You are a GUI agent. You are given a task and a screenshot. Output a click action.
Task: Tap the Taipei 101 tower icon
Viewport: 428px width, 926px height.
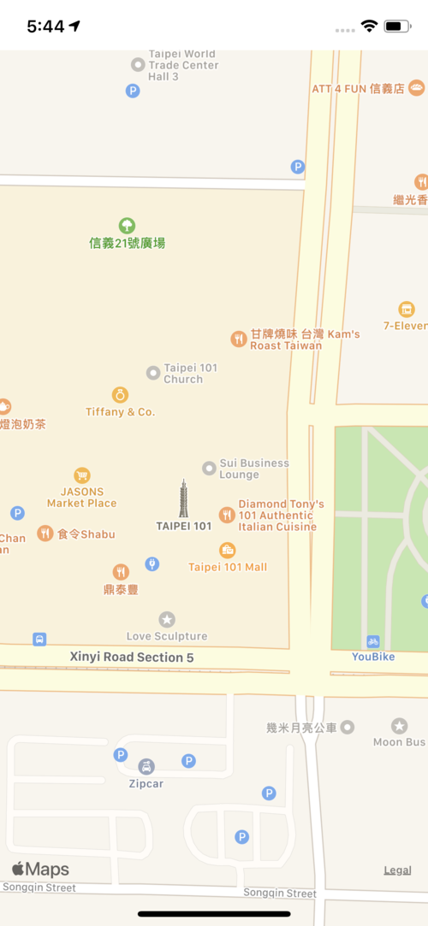(183, 498)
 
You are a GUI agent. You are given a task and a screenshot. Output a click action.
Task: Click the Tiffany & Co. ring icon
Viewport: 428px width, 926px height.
(121, 395)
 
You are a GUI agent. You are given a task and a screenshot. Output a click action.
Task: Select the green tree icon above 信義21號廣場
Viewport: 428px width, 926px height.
(127, 225)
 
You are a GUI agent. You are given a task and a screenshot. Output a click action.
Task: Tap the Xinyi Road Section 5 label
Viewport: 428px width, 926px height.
(132, 658)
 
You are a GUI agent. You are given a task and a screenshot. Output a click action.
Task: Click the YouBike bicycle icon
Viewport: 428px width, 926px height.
(372, 641)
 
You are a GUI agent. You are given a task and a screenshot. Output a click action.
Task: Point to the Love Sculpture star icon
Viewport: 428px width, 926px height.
(167, 619)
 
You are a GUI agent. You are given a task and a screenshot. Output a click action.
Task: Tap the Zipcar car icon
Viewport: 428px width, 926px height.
(146, 767)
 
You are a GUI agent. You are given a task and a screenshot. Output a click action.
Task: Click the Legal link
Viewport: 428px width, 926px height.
(397, 870)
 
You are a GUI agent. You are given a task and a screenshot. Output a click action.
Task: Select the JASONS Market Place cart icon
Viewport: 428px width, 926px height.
(82, 475)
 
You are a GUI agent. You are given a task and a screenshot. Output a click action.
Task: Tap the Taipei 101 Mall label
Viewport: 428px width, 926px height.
(228, 567)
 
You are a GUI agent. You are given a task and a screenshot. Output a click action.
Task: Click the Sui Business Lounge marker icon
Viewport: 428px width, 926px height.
(209, 468)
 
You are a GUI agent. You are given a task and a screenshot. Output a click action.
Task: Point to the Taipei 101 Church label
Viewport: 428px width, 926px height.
(190, 374)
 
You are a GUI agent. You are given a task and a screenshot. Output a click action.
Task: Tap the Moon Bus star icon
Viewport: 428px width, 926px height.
(399, 726)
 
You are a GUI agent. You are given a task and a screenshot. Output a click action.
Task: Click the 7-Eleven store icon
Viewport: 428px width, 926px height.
(407, 310)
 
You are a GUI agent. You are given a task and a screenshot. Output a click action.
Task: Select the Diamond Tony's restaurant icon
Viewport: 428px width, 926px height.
(227, 515)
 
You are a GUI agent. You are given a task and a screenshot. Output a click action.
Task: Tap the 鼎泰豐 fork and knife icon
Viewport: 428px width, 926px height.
(121, 572)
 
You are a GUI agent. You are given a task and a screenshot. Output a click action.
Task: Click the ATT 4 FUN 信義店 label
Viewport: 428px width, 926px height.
(358, 89)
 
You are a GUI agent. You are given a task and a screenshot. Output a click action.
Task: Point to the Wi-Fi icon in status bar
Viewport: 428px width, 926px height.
(369, 26)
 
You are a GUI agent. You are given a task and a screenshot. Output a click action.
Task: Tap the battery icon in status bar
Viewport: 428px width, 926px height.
(397, 26)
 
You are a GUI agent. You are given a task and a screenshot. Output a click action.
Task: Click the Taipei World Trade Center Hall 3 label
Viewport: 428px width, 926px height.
(183, 65)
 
